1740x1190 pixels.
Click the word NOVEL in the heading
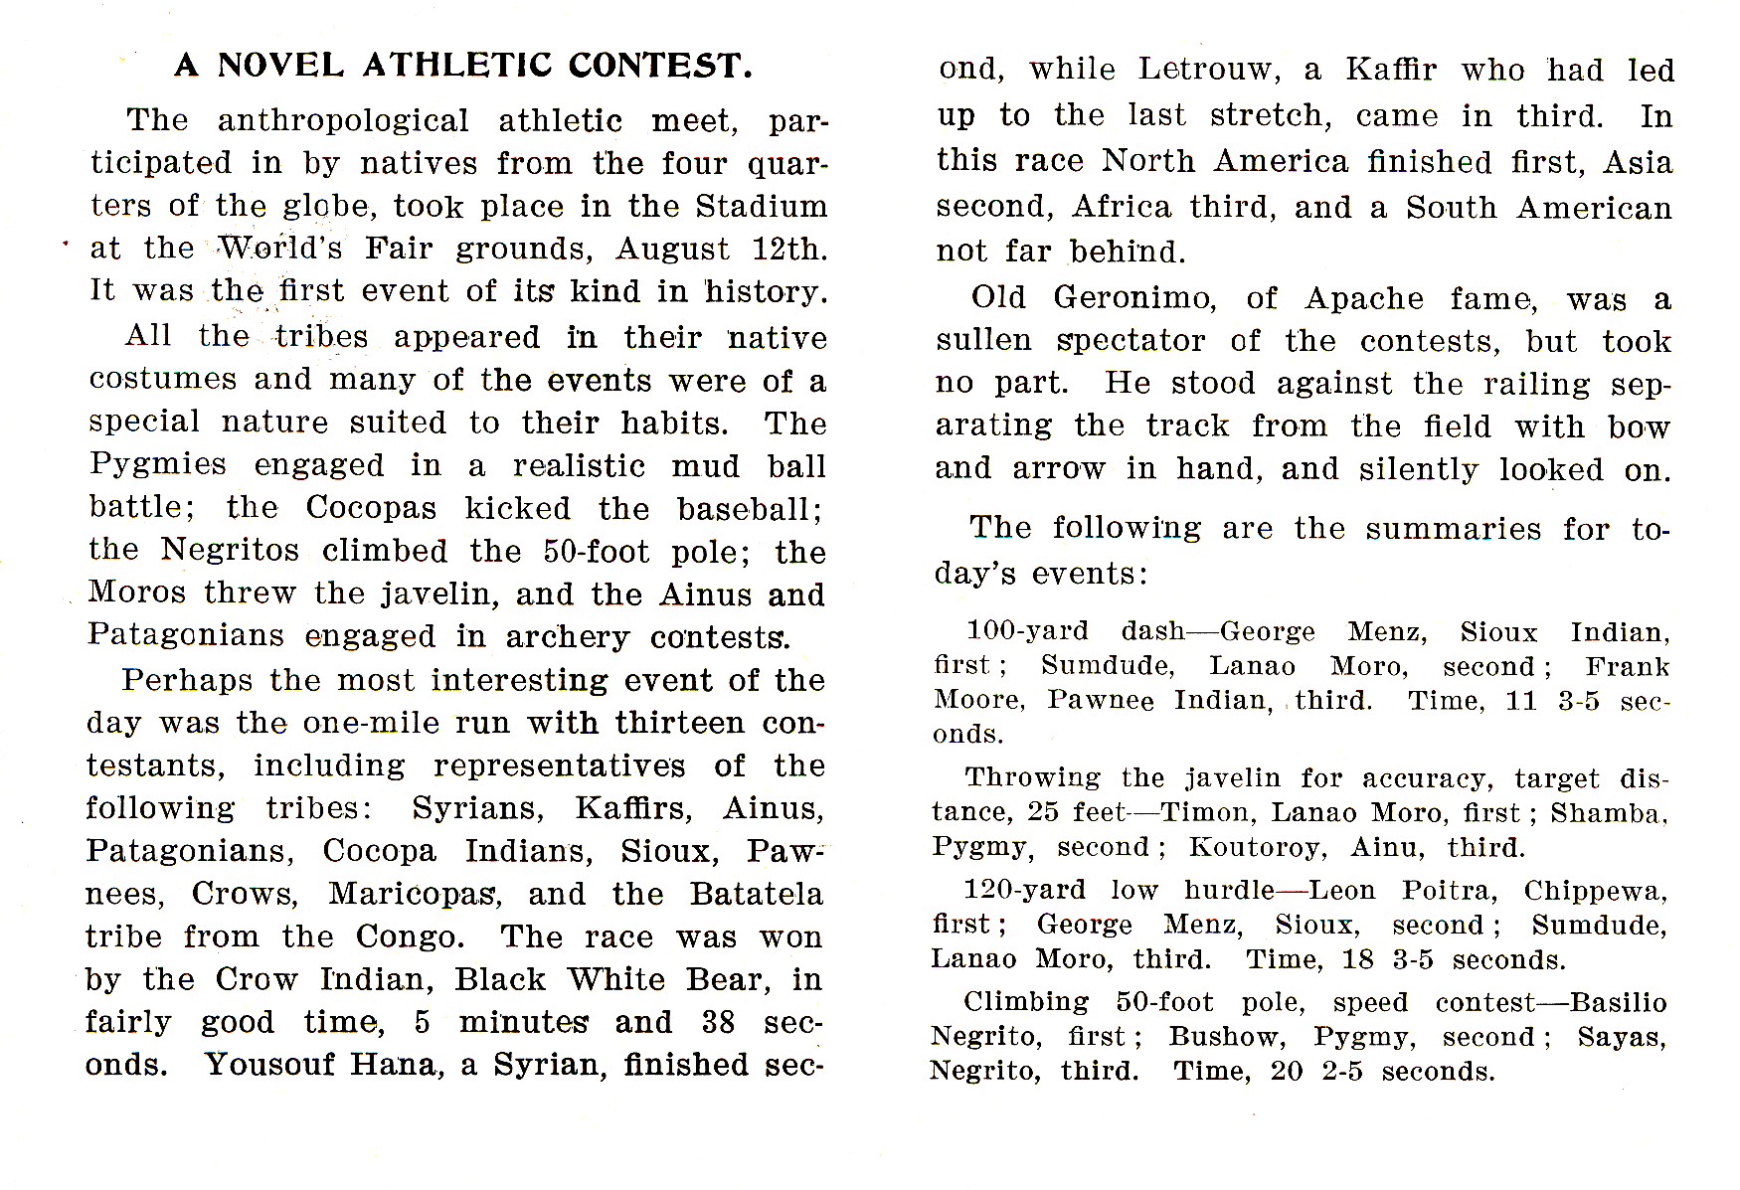coord(280,66)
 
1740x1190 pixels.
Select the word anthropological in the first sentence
coord(343,121)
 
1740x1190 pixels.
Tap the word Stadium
coord(762,206)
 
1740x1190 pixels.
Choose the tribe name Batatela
coord(757,894)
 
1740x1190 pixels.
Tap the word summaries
coord(1453,529)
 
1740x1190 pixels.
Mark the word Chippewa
coord(1595,890)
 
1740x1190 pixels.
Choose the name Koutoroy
coord(1256,847)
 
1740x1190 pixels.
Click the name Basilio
coord(1618,1002)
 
